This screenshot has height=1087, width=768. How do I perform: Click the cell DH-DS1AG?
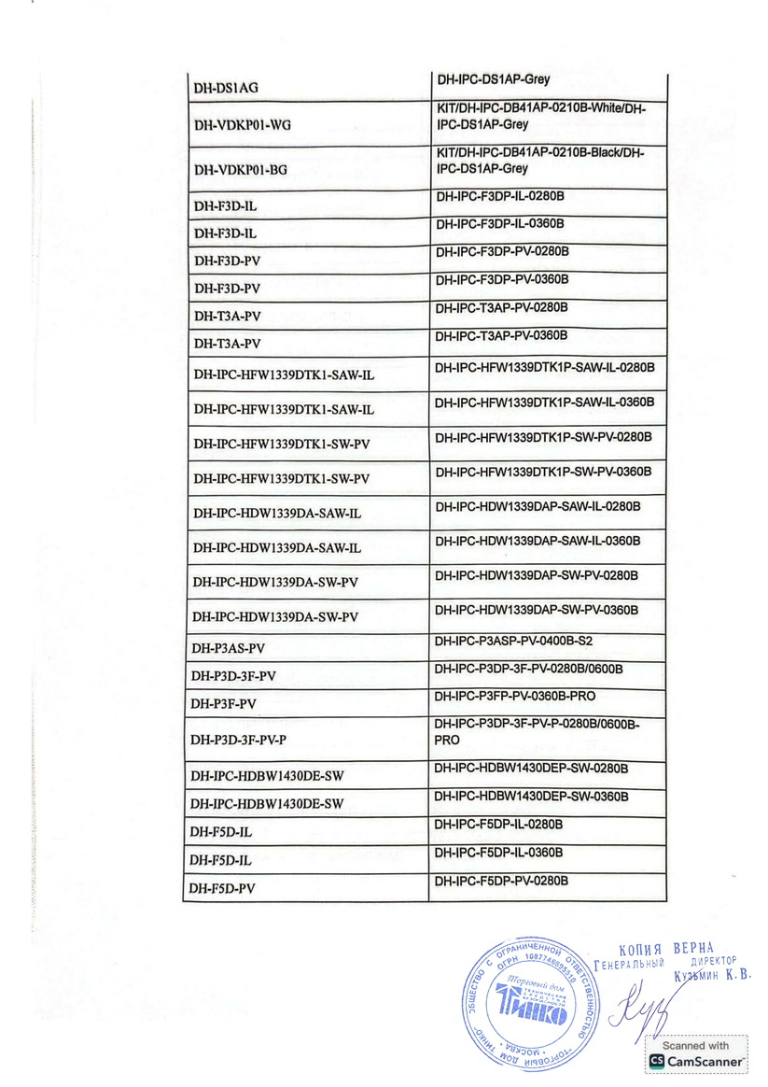click(226, 88)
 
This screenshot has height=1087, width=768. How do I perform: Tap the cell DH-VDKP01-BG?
click(241, 169)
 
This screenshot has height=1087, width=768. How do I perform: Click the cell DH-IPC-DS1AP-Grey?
click(494, 80)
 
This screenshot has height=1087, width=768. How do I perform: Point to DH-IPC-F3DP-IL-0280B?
click(500, 197)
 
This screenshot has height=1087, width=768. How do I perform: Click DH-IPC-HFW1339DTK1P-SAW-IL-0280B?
click(544, 368)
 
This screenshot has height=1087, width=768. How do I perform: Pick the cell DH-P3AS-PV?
click(228, 647)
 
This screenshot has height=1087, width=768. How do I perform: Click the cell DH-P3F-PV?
click(223, 702)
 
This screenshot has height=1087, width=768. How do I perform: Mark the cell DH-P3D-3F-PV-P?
click(238, 740)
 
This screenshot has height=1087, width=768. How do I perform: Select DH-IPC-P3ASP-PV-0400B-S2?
click(513, 642)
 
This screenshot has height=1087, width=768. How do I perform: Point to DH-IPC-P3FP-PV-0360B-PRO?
click(514, 697)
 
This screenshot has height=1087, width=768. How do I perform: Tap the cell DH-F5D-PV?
click(222, 888)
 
